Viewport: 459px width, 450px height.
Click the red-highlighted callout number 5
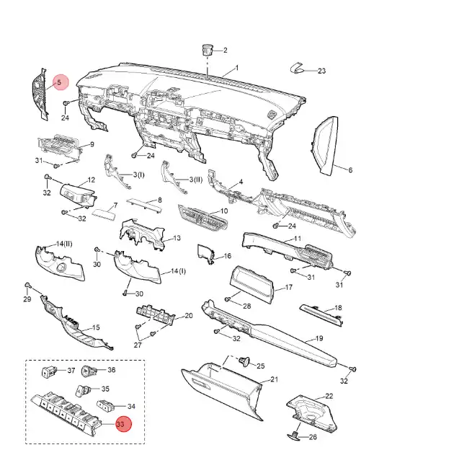tap(60, 83)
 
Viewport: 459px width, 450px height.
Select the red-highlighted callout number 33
tap(120, 424)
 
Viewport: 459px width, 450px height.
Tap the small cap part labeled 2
tap(208, 49)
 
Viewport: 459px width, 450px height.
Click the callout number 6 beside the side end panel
tap(350, 171)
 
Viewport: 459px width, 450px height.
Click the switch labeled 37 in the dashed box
tap(50, 372)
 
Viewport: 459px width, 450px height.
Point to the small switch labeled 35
tap(82, 392)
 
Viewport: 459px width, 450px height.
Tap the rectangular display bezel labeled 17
tap(250, 284)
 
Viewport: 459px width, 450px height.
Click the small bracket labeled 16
tap(206, 253)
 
